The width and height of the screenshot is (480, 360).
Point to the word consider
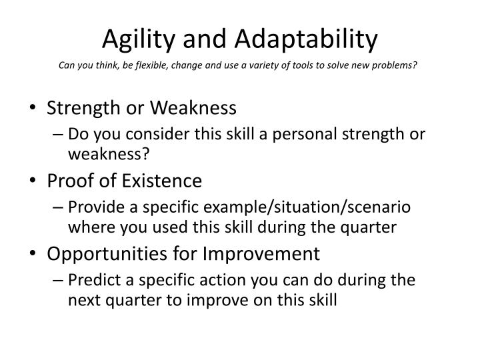coord(159,133)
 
